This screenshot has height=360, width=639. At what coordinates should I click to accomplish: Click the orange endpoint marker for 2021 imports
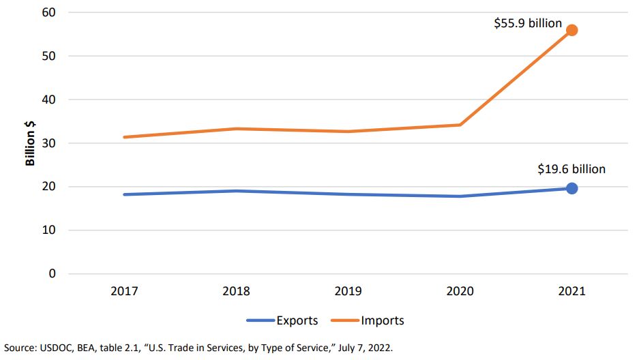click(572, 30)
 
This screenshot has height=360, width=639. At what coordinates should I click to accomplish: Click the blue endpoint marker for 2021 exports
click(572, 188)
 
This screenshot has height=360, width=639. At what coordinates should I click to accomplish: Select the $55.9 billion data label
click(528, 24)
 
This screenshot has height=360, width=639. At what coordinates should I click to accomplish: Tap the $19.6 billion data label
click(571, 169)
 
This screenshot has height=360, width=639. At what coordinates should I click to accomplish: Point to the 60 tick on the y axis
click(49, 12)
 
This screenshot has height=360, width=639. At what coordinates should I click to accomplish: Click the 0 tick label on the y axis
click(53, 274)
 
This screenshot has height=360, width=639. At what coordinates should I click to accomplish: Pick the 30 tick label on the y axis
click(49, 143)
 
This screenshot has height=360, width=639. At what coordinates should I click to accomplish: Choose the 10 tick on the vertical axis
click(49, 230)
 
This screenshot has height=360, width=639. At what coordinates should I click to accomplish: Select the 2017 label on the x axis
click(124, 292)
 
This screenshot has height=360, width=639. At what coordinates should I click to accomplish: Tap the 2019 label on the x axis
click(348, 292)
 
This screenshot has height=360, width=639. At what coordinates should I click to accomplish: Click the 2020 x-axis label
click(460, 292)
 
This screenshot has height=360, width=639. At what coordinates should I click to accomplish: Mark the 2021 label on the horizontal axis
click(571, 292)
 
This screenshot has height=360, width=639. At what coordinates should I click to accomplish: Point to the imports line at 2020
click(460, 125)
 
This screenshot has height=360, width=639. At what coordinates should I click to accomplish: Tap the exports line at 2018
click(236, 191)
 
